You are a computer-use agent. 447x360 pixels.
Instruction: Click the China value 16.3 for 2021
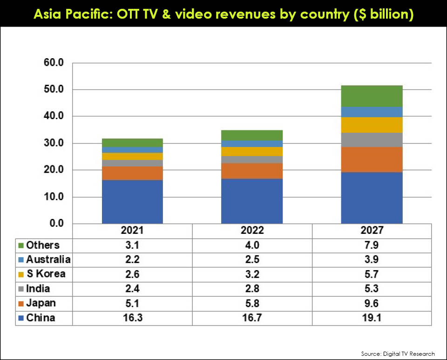(132, 318)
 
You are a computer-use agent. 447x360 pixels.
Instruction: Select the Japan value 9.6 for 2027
(372, 303)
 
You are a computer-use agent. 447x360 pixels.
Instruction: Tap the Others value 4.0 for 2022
(252, 245)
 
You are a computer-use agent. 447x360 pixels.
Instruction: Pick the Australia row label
(48, 259)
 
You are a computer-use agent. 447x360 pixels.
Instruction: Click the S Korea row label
(46, 274)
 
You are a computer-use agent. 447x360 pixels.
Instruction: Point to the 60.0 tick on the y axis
(53, 63)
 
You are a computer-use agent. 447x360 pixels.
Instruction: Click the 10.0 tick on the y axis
(53, 197)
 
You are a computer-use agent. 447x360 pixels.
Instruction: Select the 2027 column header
(372, 231)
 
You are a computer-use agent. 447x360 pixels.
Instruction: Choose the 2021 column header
(132, 231)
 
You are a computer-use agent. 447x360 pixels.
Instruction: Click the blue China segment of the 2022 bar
(252, 201)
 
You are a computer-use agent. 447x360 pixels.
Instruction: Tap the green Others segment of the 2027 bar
(372, 96)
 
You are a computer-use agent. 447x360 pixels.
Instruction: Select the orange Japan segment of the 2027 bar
(372, 160)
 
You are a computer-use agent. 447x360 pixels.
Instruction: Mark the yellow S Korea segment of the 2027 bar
(372, 125)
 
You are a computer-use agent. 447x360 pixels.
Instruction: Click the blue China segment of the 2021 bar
(132, 202)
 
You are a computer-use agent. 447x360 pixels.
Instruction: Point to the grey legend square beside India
(21, 289)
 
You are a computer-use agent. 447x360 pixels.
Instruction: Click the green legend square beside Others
(21, 245)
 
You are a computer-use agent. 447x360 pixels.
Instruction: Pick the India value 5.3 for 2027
(372, 289)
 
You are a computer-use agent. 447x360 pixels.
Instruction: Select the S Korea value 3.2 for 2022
(252, 274)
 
